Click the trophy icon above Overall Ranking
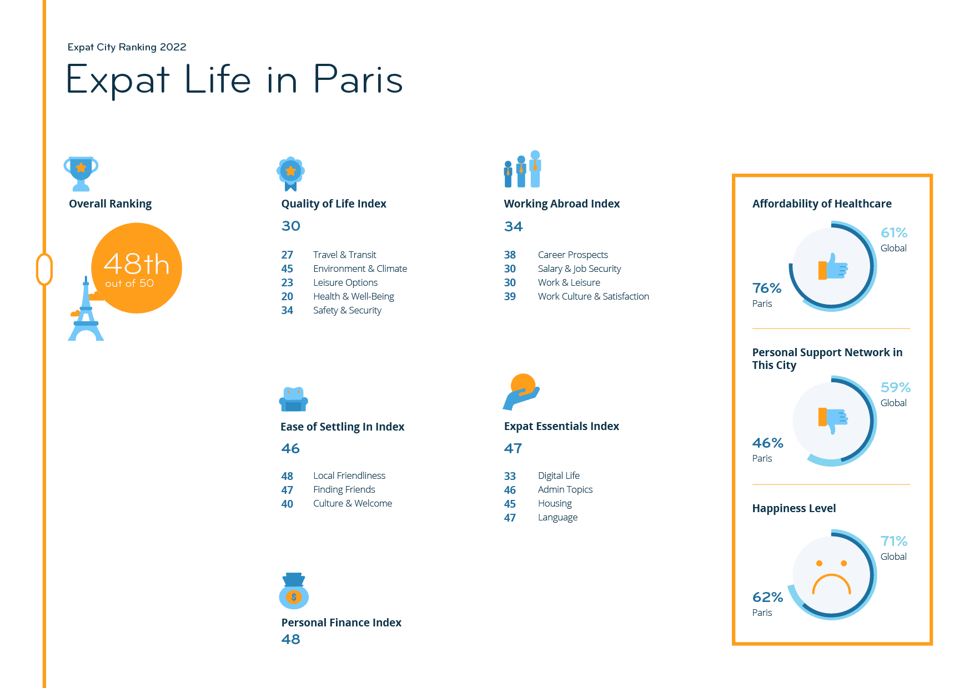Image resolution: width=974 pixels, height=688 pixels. click(x=81, y=174)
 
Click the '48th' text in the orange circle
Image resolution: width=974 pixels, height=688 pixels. click(x=137, y=264)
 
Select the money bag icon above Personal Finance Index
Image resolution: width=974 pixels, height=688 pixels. click(x=294, y=591)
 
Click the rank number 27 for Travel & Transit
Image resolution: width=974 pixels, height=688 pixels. click(x=287, y=255)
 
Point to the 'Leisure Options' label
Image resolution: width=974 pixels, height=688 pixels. click(x=345, y=282)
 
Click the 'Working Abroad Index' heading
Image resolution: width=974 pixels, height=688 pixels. click(x=562, y=204)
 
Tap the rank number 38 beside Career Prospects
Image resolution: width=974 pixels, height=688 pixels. click(x=510, y=255)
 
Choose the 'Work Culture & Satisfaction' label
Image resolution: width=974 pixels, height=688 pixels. click(x=594, y=296)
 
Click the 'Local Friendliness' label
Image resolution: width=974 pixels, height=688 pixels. click(x=349, y=475)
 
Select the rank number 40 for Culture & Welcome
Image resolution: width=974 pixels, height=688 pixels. click(x=287, y=504)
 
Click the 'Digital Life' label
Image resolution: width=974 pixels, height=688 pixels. click(x=559, y=475)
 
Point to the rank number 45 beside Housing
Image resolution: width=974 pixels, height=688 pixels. click(x=510, y=504)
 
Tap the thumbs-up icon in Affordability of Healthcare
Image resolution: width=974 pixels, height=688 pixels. click(x=833, y=267)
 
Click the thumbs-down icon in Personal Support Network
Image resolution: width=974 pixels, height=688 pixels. click(x=833, y=420)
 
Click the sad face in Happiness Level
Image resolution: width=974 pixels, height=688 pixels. click(x=831, y=578)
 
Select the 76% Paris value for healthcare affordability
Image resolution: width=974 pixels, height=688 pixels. click(x=767, y=288)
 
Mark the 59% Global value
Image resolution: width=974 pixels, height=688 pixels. click(x=896, y=387)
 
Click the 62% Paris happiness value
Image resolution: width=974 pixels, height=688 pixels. click(x=767, y=597)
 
